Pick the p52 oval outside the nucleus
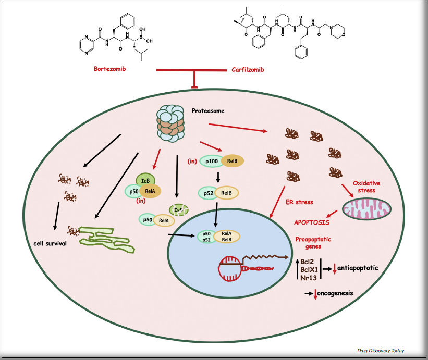(209, 193)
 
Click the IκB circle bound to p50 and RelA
(143, 181)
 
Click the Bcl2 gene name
(308, 259)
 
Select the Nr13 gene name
(308, 277)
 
